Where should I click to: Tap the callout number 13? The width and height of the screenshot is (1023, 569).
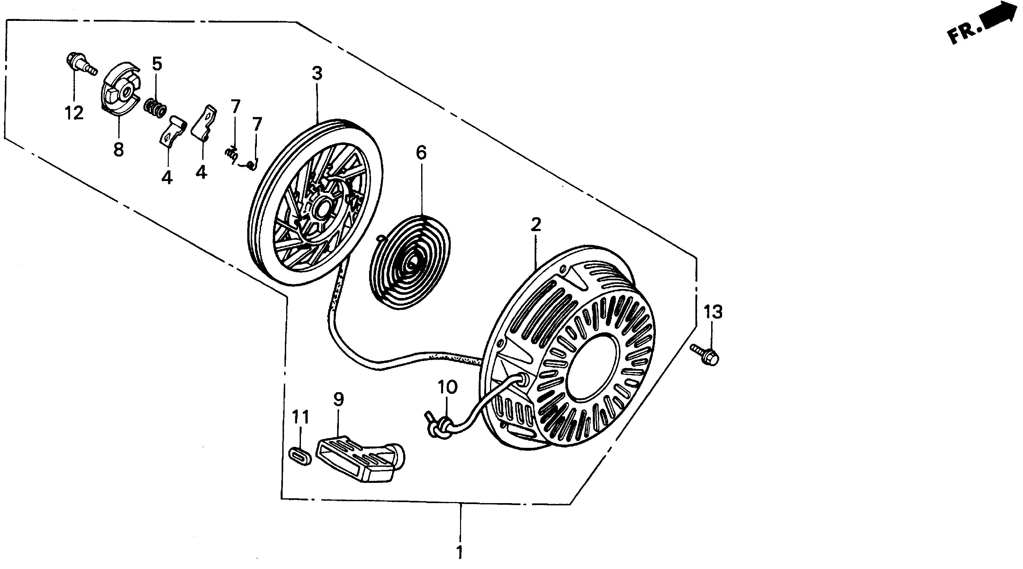coord(713,312)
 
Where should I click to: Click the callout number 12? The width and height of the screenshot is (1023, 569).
coord(74,113)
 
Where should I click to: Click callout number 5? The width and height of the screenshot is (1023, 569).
coord(157,64)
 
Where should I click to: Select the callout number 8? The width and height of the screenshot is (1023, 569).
coord(118,150)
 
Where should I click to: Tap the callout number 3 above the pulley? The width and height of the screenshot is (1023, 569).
coord(317,74)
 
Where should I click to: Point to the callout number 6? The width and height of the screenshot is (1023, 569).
coord(421,152)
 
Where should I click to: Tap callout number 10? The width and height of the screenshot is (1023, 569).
coord(448,387)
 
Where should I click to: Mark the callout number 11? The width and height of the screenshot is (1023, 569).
coord(300,417)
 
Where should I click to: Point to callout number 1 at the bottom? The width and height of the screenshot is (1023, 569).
coord(459,552)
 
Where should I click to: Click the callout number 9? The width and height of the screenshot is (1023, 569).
coord(338,400)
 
